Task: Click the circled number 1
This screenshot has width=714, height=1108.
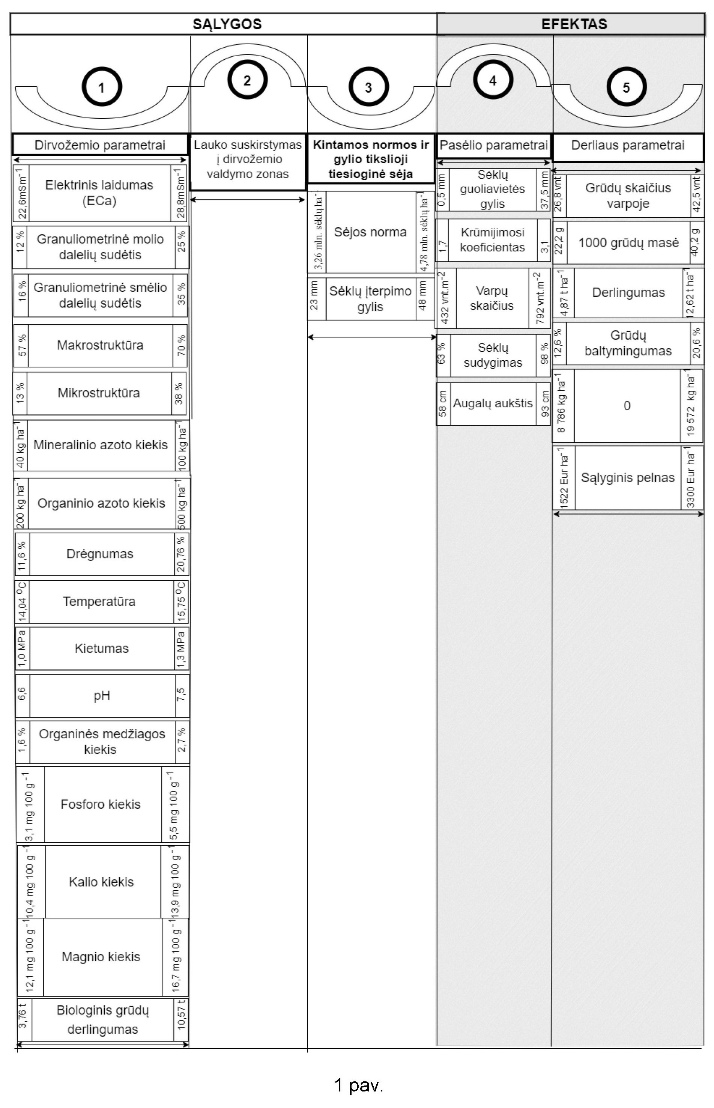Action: [x=102, y=87]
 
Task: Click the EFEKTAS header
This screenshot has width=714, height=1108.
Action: [x=574, y=24]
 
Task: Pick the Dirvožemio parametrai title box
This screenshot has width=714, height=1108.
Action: [x=100, y=145]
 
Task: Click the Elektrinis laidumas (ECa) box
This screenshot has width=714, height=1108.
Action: [x=99, y=193]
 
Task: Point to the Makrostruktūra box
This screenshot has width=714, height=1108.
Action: [x=100, y=345]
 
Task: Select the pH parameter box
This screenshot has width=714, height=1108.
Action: [x=102, y=696]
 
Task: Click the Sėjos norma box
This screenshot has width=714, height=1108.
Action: [x=370, y=232]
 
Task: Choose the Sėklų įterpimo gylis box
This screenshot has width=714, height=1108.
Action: [x=370, y=299]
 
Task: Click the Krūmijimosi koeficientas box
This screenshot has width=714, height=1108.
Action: [x=492, y=240]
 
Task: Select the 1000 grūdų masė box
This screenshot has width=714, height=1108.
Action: [x=628, y=242]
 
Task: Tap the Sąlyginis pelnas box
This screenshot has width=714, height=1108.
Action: [x=628, y=478]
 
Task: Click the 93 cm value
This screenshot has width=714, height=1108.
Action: [x=545, y=403]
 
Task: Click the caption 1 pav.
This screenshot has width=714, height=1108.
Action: [x=359, y=1086]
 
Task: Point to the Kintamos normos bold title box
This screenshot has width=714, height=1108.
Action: [x=370, y=159]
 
